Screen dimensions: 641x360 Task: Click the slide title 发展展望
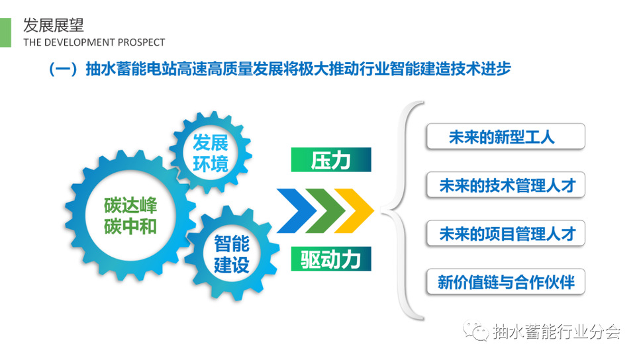pyautogui.click(x=53, y=25)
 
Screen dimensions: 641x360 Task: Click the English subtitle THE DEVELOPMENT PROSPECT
pyautogui.click(x=94, y=42)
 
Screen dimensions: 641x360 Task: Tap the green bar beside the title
pyautogui.click(x=5, y=32)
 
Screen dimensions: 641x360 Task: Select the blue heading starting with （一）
pyautogui.click(x=279, y=69)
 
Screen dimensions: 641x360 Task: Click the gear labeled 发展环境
pyautogui.click(x=211, y=153)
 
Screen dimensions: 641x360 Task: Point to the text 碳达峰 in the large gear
pyautogui.click(x=130, y=205)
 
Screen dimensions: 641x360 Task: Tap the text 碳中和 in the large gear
pyautogui.click(x=130, y=226)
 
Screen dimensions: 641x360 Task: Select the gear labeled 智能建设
pyautogui.click(x=232, y=253)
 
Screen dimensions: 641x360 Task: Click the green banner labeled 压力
pyautogui.click(x=331, y=159)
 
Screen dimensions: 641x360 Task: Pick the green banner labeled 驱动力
pyautogui.click(x=331, y=259)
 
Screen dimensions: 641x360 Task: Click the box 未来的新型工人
pyautogui.click(x=506, y=136)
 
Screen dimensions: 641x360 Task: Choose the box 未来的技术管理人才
pyautogui.click(x=506, y=185)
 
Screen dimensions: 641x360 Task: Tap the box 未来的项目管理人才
pyautogui.click(x=506, y=234)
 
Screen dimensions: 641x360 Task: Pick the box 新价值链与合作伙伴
pyautogui.click(x=506, y=282)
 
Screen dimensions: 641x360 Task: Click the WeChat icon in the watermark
pyautogui.click(x=475, y=331)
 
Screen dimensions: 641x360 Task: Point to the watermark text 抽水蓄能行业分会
pyautogui.click(x=556, y=332)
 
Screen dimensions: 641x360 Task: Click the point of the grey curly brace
pyautogui.click(x=381, y=210)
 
